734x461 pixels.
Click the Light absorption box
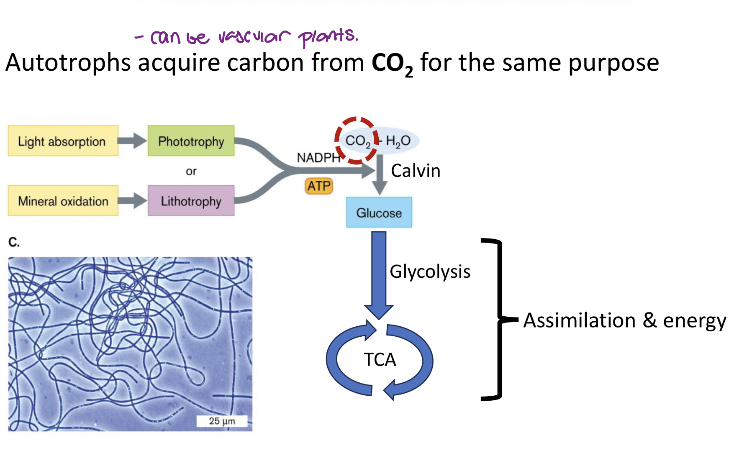pyautogui.click(x=63, y=141)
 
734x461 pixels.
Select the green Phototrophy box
pyautogui.click(x=191, y=141)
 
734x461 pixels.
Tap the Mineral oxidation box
pyautogui.click(x=63, y=201)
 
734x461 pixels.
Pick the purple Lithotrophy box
pyautogui.click(x=191, y=201)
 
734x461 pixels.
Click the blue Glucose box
pyautogui.click(x=379, y=213)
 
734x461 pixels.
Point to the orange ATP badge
pyautogui.click(x=319, y=186)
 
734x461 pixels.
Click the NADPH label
pyautogui.click(x=318, y=158)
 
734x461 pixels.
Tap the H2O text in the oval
pyautogui.click(x=398, y=141)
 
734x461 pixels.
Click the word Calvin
pyautogui.click(x=415, y=171)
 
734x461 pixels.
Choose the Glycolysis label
pyautogui.click(x=430, y=271)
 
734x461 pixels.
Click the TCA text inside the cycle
pyautogui.click(x=380, y=360)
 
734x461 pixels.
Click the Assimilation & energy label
pyautogui.click(x=624, y=320)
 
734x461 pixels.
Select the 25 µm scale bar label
pyautogui.click(x=222, y=421)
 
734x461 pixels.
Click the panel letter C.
pyautogui.click(x=14, y=242)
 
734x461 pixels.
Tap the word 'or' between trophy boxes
pyautogui.click(x=191, y=172)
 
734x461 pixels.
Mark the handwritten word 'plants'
pyautogui.click(x=328, y=37)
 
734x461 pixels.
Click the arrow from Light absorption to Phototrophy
pyautogui.click(x=133, y=141)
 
